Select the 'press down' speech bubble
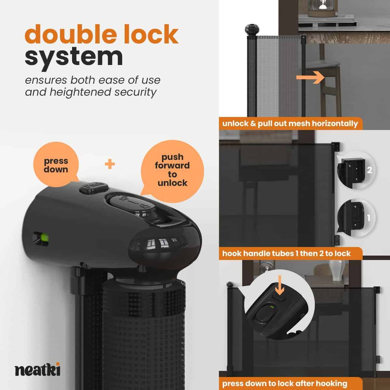[x=56, y=164]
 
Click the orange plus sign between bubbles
[x=110, y=164]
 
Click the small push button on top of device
[x=94, y=188]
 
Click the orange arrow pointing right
[x=310, y=78]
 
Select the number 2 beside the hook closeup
[x=369, y=170]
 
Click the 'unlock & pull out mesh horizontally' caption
[x=290, y=123]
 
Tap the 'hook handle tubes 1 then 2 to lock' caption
[x=287, y=253]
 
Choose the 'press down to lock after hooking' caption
[x=285, y=383]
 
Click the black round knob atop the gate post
[x=252, y=30]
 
